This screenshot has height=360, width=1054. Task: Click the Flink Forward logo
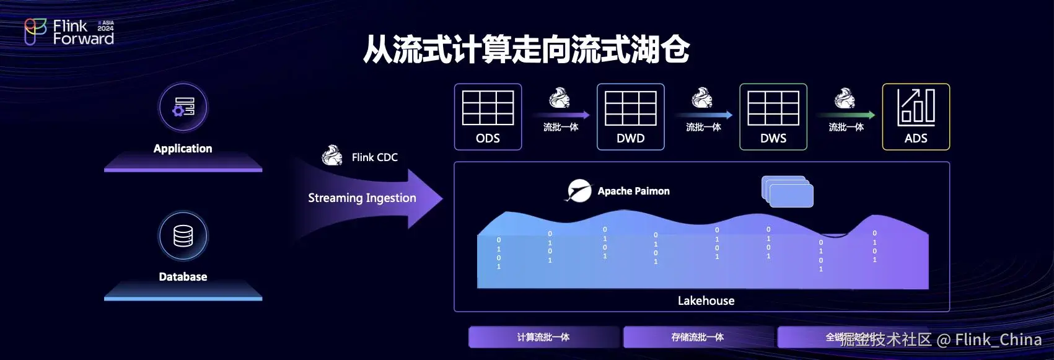pos(69,32)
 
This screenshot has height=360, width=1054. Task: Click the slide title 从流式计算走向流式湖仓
pos(526,49)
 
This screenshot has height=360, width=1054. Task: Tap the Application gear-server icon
pos(183,107)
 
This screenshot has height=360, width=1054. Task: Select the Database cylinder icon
pos(183,236)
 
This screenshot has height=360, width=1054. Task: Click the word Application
pos(183,149)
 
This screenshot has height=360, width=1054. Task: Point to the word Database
pos(183,277)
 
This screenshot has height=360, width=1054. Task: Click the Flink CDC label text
pos(374,157)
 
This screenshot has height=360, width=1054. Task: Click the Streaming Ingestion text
pos(362,198)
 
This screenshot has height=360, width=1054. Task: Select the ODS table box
pos(488,117)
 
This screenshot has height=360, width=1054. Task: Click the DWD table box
pos(630,117)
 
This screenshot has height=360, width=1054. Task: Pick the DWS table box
pos(773,117)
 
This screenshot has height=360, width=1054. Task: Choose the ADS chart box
pos(915,117)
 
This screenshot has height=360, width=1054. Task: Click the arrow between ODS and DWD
pos(561,115)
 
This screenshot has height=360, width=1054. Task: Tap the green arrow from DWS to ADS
pos(846,115)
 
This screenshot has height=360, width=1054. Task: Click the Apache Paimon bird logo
pos(579,191)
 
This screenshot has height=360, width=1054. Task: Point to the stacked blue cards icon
pos(787,191)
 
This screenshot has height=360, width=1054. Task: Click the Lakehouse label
pos(706,301)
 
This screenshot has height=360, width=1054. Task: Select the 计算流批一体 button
pos(543,337)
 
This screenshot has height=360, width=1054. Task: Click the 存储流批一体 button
pos(698,337)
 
